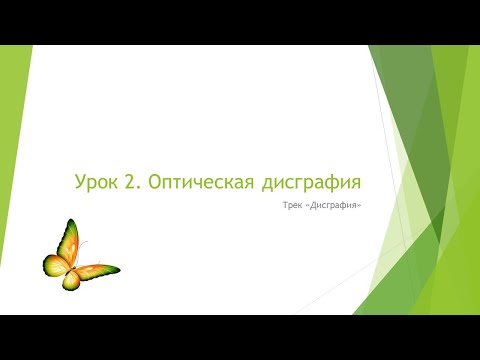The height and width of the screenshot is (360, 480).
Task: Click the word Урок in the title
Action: click(98, 182)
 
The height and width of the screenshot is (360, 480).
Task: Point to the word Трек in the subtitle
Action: click(295, 207)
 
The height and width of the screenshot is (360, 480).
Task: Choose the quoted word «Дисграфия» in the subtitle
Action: click(335, 207)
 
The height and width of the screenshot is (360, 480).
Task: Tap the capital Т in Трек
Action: click(286, 207)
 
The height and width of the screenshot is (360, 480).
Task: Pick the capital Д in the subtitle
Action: click(317, 207)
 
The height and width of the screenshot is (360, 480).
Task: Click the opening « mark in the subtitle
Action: click(311, 207)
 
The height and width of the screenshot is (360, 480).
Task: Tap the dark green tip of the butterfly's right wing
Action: click(112, 270)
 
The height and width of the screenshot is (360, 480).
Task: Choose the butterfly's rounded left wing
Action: click(53, 266)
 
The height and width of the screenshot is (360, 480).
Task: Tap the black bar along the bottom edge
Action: click(240, 337)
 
